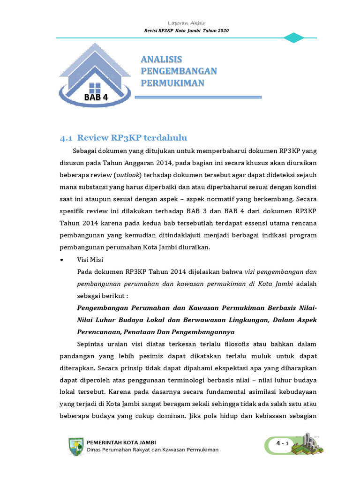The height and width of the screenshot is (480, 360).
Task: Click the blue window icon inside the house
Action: [x=95, y=87]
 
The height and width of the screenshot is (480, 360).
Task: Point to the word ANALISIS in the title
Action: [x=161, y=60]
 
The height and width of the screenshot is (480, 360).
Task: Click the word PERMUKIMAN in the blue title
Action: [x=172, y=83]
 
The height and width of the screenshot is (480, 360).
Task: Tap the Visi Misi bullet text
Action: [x=90, y=260]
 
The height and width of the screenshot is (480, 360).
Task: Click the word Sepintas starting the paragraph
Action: [x=91, y=345]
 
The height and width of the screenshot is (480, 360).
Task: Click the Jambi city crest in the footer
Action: [x=76, y=446]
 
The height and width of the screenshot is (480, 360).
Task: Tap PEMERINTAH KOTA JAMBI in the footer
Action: [x=122, y=442]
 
